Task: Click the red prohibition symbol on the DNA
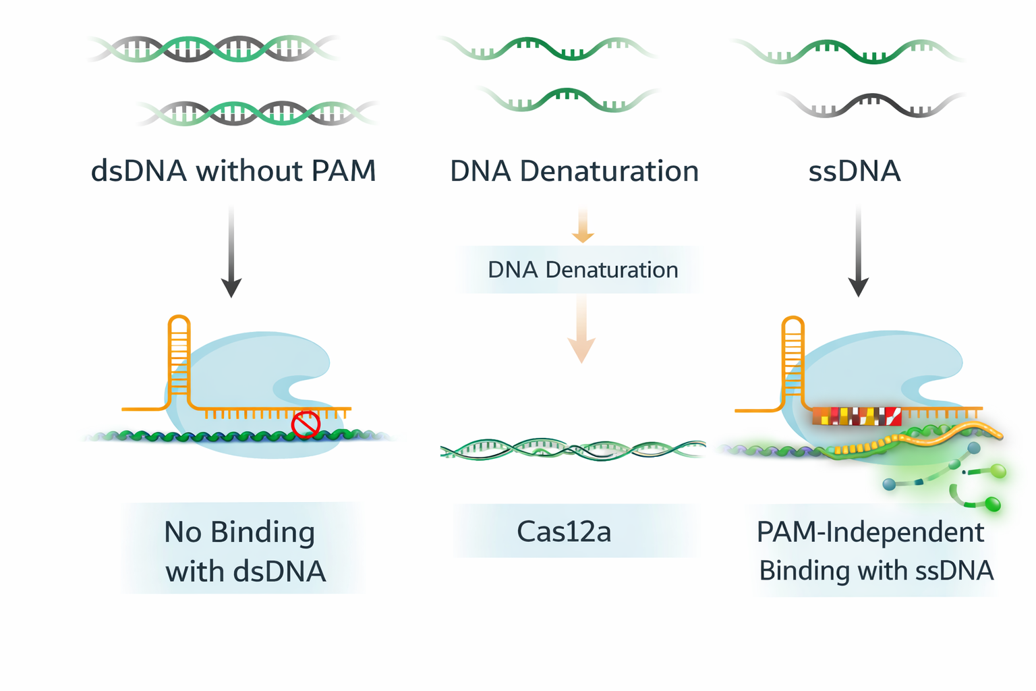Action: tap(305, 424)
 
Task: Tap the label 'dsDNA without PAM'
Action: tap(233, 171)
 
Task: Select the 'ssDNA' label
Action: tap(855, 171)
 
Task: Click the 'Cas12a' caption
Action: tap(564, 532)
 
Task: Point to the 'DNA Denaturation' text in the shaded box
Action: tap(583, 270)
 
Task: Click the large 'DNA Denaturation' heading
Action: tap(574, 171)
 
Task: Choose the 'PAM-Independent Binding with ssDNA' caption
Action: tap(875, 551)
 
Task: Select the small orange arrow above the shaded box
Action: tap(583, 226)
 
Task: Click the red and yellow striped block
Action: tap(857, 416)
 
